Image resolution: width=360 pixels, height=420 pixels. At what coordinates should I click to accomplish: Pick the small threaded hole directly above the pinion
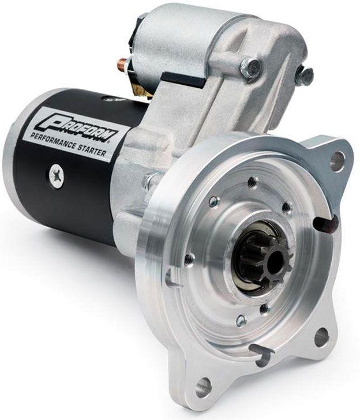coord(252,182)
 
